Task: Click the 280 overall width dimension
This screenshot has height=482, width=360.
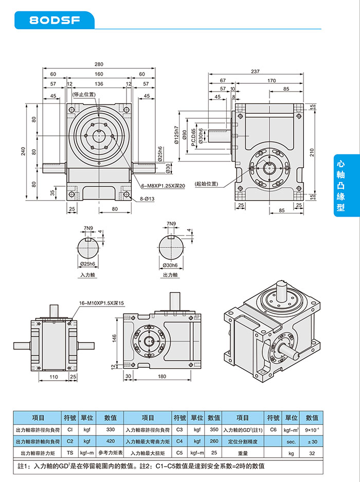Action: [99, 64]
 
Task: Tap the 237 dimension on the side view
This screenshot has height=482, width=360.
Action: [255, 72]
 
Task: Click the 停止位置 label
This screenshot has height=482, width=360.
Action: [84, 95]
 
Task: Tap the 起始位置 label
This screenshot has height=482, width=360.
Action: [206, 184]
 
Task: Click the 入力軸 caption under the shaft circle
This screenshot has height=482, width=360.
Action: [88, 276]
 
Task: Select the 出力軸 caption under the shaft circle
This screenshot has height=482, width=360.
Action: [170, 276]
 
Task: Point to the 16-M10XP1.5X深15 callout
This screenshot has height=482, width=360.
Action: [103, 303]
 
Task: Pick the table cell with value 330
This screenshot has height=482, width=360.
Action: [110, 430]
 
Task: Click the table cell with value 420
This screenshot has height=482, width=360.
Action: [110, 441]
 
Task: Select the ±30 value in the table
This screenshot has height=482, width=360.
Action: [312, 441]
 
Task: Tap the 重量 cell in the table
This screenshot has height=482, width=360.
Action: [243, 454]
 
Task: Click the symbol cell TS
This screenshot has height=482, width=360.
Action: [69, 454]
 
